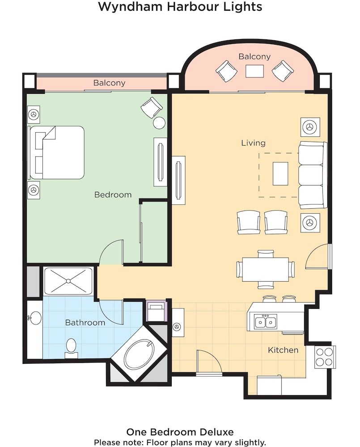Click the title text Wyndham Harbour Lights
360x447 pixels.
coord(180,7)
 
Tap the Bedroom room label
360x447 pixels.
coord(113,194)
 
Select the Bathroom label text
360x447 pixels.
coord(85,322)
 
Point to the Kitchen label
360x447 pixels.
coord(283,350)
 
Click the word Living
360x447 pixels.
coord(253,143)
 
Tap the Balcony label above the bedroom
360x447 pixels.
coord(109,83)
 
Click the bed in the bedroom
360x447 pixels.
coord(57,152)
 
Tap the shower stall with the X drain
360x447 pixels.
coord(68,281)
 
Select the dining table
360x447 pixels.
coord(265,269)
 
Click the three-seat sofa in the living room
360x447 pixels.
coord(312,175)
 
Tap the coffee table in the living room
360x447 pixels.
coord(280,173)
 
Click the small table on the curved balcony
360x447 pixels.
coord(254,71)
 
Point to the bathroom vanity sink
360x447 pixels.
coord(34,318)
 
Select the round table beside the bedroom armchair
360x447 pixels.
coord(159,123)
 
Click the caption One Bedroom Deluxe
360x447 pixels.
coord(180,432)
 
